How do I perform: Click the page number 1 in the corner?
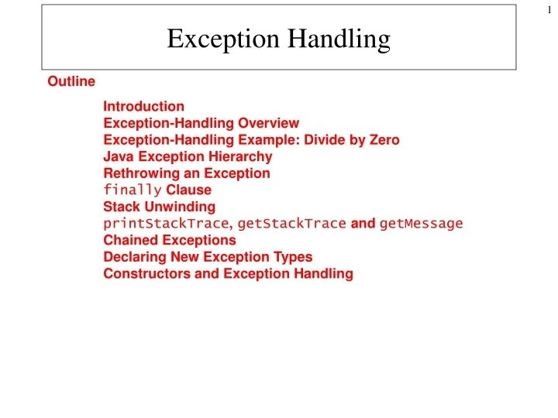(x=549, y=10)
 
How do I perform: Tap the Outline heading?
(x=71, y=81)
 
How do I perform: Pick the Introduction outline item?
(x=144, y=106)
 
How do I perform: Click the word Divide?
(x=325, y=140)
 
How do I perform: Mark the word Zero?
(x=384, y=140)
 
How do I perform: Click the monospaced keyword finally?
(x=133, y=190)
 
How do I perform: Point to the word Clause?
(x=189, y=190)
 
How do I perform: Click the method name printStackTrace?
(x=167, y=224)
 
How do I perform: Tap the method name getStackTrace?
(x=291, y=224)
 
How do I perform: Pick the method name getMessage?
(x=421, y=224)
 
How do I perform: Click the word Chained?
(x=131, y=240)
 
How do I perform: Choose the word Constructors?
(x=146, y=273)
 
